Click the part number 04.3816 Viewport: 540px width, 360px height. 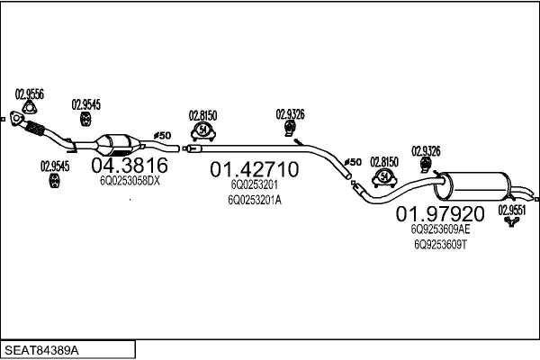coord(130,166)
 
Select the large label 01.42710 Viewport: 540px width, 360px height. coord(255,169)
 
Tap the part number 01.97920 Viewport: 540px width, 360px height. coord(440,214)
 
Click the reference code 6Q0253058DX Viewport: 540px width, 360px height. coord(130,181)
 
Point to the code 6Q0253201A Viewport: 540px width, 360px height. coord(255,200)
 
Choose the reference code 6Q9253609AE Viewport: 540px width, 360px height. coord(440,229)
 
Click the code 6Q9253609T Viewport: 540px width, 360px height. coord(440,245)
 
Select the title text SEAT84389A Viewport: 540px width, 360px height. coord(41,350)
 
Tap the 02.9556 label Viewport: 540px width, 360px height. coord(30,94)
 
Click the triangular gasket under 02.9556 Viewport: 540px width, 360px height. coord(30,107)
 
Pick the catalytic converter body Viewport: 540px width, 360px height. coord(118,145)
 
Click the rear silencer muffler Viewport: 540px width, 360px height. coord(472,186)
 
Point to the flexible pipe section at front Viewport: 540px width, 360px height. coord(34,128)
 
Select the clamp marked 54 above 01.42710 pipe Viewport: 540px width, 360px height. coord(203,131)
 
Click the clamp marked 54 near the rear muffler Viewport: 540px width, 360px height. coord(384,178)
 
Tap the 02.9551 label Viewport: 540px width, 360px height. coord(512,210)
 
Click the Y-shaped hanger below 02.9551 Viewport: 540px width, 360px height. coord(512,221)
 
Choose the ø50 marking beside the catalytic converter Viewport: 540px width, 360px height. coord(162,135)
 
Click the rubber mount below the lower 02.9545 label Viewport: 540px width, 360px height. coord(54,181)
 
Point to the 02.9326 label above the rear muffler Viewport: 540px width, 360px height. coord(426,151)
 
